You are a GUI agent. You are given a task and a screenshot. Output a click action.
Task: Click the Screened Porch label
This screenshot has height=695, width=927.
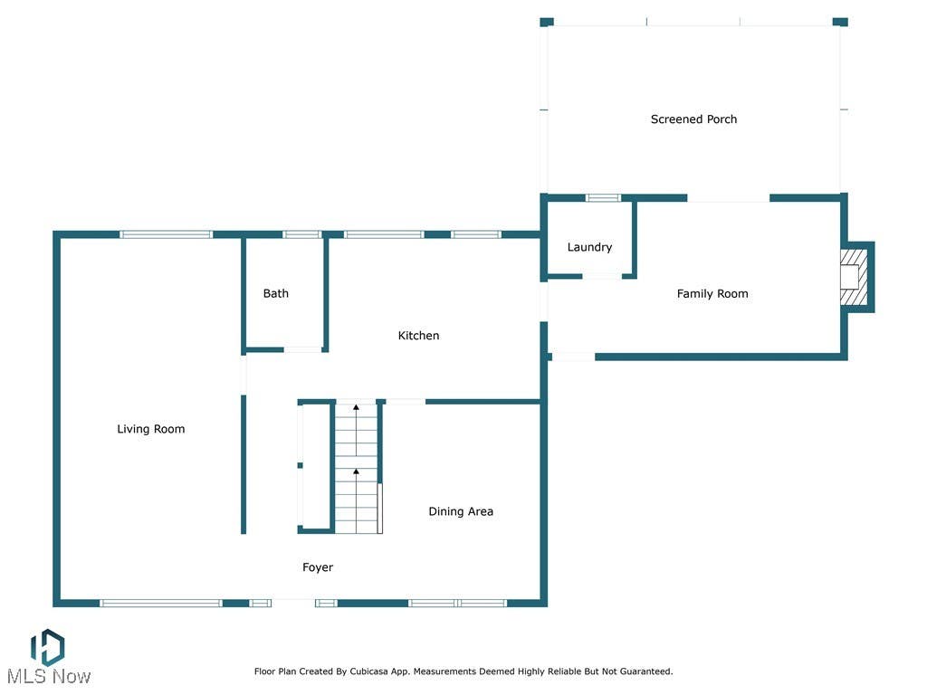693,119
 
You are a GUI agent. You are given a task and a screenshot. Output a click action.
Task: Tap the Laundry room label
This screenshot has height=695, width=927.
589,248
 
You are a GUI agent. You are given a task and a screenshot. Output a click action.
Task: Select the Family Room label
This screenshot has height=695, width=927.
712,294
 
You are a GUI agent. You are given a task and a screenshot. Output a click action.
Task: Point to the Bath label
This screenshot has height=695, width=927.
275,294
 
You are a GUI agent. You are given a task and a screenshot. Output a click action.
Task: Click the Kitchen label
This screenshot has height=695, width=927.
418,336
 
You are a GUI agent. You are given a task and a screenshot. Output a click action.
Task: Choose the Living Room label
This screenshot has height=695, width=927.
151,430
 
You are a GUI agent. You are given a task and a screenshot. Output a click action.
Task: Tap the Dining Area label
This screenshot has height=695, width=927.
461,512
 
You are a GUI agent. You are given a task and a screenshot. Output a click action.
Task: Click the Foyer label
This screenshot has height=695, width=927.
318,568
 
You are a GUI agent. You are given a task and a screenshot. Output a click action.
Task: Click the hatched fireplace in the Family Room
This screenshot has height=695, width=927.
855,278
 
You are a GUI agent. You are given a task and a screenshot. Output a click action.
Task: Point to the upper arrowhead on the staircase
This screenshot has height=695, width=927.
356,407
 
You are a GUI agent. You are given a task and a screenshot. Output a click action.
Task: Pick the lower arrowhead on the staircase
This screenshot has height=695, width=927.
356,471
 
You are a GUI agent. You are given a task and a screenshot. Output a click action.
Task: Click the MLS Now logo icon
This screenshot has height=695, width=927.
47,647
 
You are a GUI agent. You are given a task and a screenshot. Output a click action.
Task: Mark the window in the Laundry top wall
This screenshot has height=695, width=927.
603,198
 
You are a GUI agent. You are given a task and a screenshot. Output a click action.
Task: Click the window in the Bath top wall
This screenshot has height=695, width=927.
302,234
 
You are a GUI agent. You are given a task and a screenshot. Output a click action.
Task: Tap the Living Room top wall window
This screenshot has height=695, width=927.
167,234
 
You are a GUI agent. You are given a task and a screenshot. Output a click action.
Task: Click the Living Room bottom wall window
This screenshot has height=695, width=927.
161,604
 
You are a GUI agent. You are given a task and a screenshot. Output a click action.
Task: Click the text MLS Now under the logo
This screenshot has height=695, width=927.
49,677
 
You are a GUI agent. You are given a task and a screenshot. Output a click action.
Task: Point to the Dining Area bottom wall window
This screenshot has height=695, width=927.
457,604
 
